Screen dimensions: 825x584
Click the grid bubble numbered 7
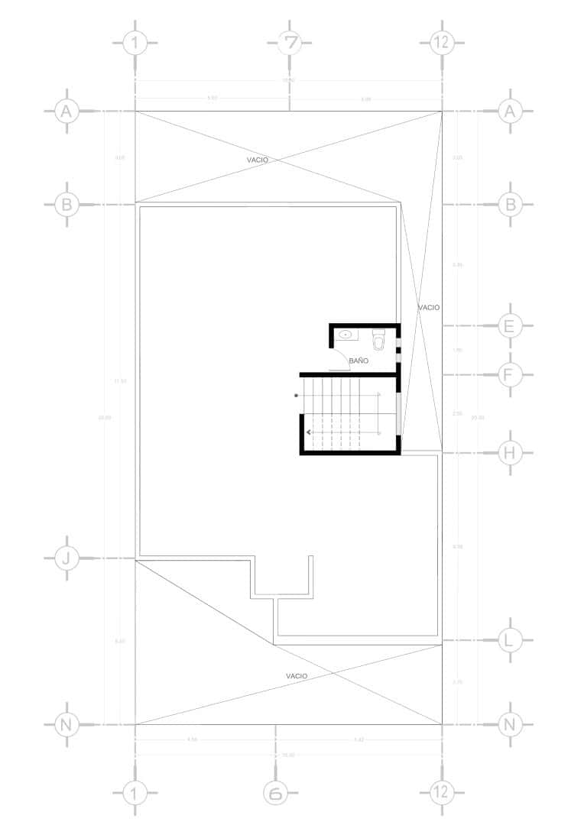point(290,43)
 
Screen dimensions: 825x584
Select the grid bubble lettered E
point(509,327)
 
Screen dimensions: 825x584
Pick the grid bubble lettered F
point(509,374)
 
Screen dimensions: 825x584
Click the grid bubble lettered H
point(509,452)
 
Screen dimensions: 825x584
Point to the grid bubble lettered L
point(509,639)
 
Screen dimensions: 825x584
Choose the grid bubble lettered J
point(67,558)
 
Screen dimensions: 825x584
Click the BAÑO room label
point(359,360)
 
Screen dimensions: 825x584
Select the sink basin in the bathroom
point(346,335)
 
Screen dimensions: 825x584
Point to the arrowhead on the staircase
point(309,432)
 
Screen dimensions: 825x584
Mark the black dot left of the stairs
point(297,395)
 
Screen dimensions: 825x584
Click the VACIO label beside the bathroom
point(429,307)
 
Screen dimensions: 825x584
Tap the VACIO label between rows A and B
point(258,160)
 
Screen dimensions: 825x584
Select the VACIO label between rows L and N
point(297,676)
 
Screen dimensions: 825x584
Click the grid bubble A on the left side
point(67,112)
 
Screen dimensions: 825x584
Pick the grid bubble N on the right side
point(509,724)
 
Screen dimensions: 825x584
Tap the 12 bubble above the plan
point(441,43)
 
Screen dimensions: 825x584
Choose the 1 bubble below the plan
point(135,794)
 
